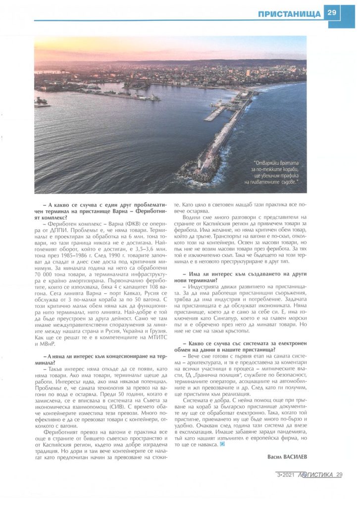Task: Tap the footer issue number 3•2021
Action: pos(286,475)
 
